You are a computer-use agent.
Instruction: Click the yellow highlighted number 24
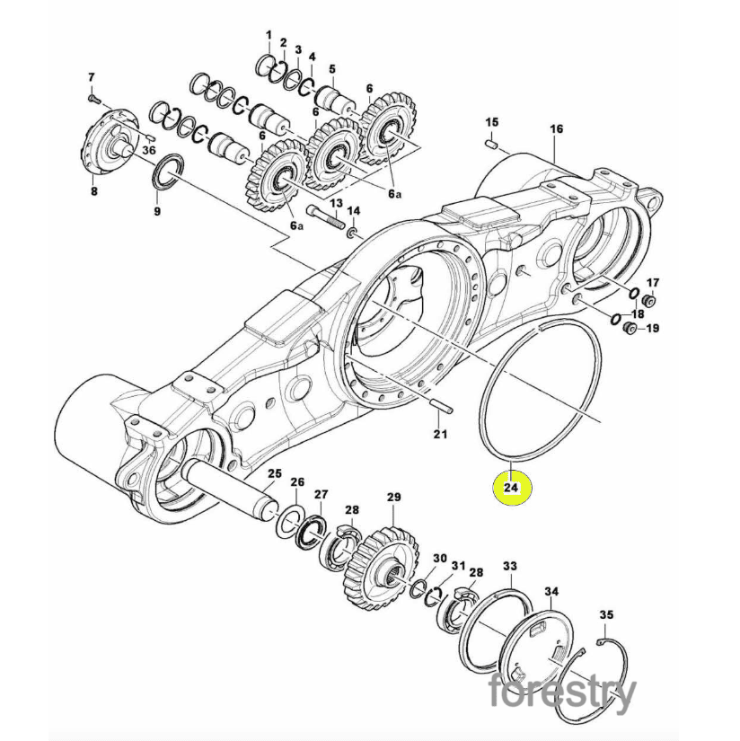click(512, 487)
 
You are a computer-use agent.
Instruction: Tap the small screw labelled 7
click(93, 98)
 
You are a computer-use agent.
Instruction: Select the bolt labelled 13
click(326, 216)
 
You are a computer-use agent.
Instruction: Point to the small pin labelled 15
click(492, 143)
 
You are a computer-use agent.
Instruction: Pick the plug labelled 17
click(648, 302)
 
